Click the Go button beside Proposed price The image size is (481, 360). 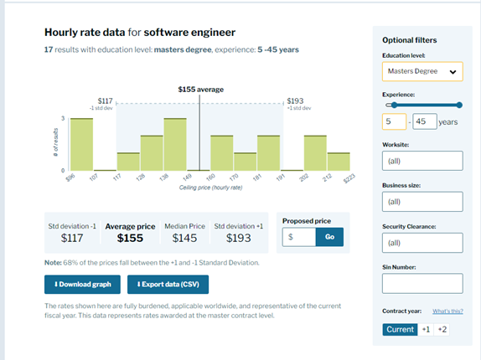329,237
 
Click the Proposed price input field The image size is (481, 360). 299,237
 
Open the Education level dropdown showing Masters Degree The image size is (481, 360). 422,72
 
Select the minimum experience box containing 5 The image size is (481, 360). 394,121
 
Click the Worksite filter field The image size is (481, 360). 422,161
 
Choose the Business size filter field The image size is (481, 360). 422,202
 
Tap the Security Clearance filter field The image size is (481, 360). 422,243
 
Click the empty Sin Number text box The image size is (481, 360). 422,284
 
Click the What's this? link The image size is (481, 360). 447,311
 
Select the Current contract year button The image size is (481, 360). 400,329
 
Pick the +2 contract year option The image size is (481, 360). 442,329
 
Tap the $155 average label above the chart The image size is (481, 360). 200,89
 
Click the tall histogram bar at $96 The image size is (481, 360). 81,144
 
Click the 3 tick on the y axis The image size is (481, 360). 64,118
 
